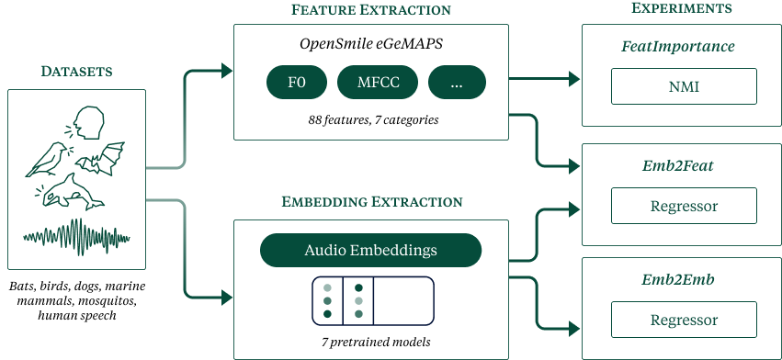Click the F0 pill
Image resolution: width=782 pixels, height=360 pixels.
click(x=297, y=83)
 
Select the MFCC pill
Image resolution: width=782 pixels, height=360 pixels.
click(x=378, y=83)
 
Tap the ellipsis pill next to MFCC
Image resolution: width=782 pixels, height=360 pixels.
click(x=457, y=83)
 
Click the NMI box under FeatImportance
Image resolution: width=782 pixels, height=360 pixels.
click(x=684, y=86)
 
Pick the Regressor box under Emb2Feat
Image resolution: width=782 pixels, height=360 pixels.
click(x=684, y=206)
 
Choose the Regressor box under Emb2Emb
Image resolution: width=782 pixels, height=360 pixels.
click(x=684, y=320)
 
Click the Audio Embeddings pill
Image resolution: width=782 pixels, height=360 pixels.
click(x=370, y=250)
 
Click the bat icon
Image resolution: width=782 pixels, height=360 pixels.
click(x=100, y=160)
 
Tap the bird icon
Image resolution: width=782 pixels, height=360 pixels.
click(x=48, y=160)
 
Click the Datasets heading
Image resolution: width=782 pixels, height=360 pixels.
click(x=76, y=72)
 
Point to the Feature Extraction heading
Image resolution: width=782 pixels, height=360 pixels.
click(x=370, y=9)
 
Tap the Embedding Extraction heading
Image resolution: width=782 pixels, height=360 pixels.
click(x=371, y=201)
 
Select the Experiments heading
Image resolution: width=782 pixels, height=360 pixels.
click(x=682, y=8)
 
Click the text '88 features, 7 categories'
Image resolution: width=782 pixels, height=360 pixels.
click(x=373, y=120)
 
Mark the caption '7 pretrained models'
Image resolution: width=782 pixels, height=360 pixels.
click(x=376, y=343)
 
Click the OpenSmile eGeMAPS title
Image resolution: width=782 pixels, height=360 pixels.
click(x=371, y=44)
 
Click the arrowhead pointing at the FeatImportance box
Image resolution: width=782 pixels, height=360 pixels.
click(x=574, y=78)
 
